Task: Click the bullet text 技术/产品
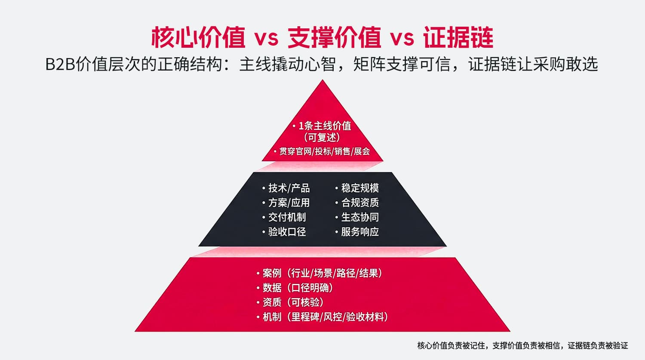(289, 188)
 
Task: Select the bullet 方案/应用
(289, 203)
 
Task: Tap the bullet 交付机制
(287, 217)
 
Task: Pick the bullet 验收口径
(287, 232)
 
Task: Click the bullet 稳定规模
(360, 188)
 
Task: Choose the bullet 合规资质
(360, 203)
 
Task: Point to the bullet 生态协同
(360, 217)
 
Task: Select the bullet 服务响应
(360, 232)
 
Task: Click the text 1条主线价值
(325, 126)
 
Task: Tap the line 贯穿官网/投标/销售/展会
(324, 151)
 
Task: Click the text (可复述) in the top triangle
(322, 138)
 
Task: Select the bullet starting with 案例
(322, 273)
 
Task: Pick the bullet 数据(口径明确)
(298, 288)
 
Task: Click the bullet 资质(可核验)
(293, 302)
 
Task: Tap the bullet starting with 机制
(325, 317)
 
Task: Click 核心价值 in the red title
(198, 37)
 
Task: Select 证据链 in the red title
(458, 37)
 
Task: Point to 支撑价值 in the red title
(334, 37)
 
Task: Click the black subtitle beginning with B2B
(322, 64)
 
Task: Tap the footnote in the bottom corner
(522, 345)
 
